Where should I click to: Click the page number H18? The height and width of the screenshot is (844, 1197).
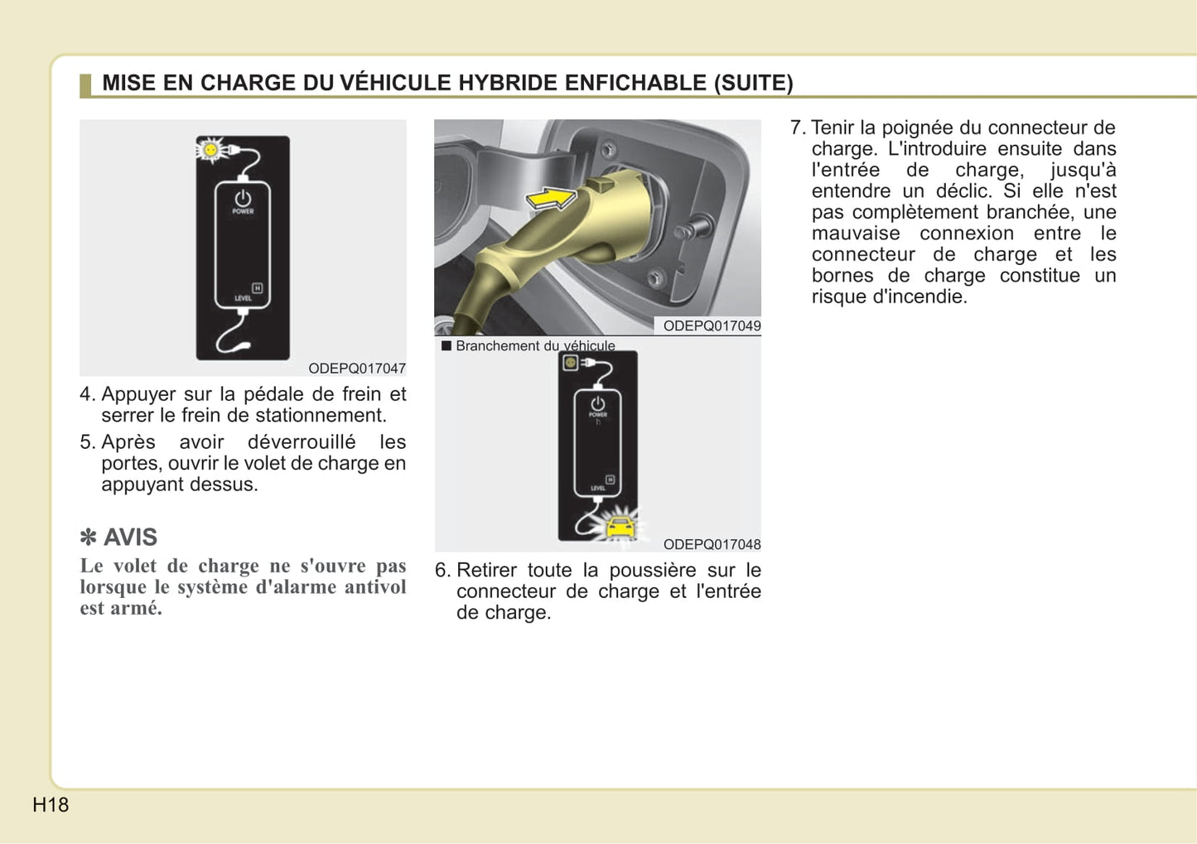pyautogui.click(x=51, y=804)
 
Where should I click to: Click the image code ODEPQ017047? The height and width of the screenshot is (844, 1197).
pyautogui.click(x=357, y=368)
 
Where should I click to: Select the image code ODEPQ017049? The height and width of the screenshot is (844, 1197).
pyautogui.click(x=712, y=326)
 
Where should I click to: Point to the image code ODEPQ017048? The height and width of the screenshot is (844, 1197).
pyautogui.click(x=712, y=544)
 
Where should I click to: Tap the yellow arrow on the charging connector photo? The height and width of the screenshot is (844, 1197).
pyautogui.click(x=551, y=198)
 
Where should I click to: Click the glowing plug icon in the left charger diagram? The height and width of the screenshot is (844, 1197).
pyautogui.click(x=211, y=150)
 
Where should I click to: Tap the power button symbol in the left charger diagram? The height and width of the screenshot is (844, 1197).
pyautogui.click(x=243, y=199)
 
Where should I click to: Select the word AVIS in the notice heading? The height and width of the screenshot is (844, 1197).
pyautogui.click(x=130, y=537)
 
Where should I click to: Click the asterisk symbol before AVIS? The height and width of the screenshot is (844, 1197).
pyautogui.click(x=88, y=538)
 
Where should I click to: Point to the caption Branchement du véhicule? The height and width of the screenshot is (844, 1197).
pyautogui.click(x=535, y=345)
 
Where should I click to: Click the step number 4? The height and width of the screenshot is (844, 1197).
pyautogui.click(x=87, y=394)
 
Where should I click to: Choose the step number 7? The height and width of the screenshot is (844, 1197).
pyautogui.click(x=797, y=128)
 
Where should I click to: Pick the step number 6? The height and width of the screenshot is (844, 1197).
pyautogui.click(x=442, y=570)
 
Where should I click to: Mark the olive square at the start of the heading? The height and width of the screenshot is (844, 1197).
pyautogui.click(x=84, y=84)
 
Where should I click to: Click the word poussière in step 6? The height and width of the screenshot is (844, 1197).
pyautogui.click(x=653, y=570)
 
